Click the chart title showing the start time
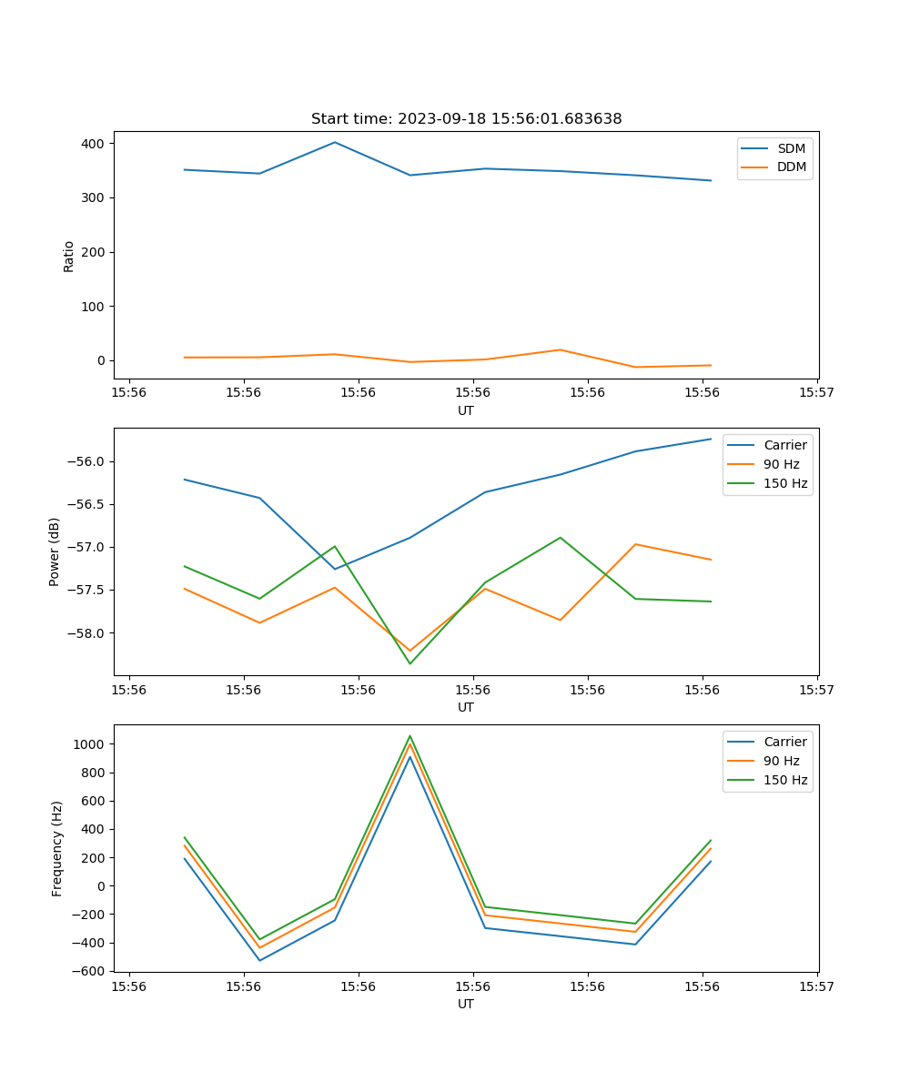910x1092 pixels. [466, 119]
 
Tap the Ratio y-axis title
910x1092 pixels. [69, 256]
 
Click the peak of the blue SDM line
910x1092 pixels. [335, 142]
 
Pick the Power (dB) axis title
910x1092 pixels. [55, 551]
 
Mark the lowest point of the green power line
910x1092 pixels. [409, 663]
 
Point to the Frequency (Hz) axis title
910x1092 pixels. [57, 848]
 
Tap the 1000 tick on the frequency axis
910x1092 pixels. [91, 744]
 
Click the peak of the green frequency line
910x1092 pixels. [409, 735]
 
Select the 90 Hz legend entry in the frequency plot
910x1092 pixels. [781, 761]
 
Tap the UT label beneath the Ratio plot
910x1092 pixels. [466, 410]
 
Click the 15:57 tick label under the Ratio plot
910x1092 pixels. [817, 393]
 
